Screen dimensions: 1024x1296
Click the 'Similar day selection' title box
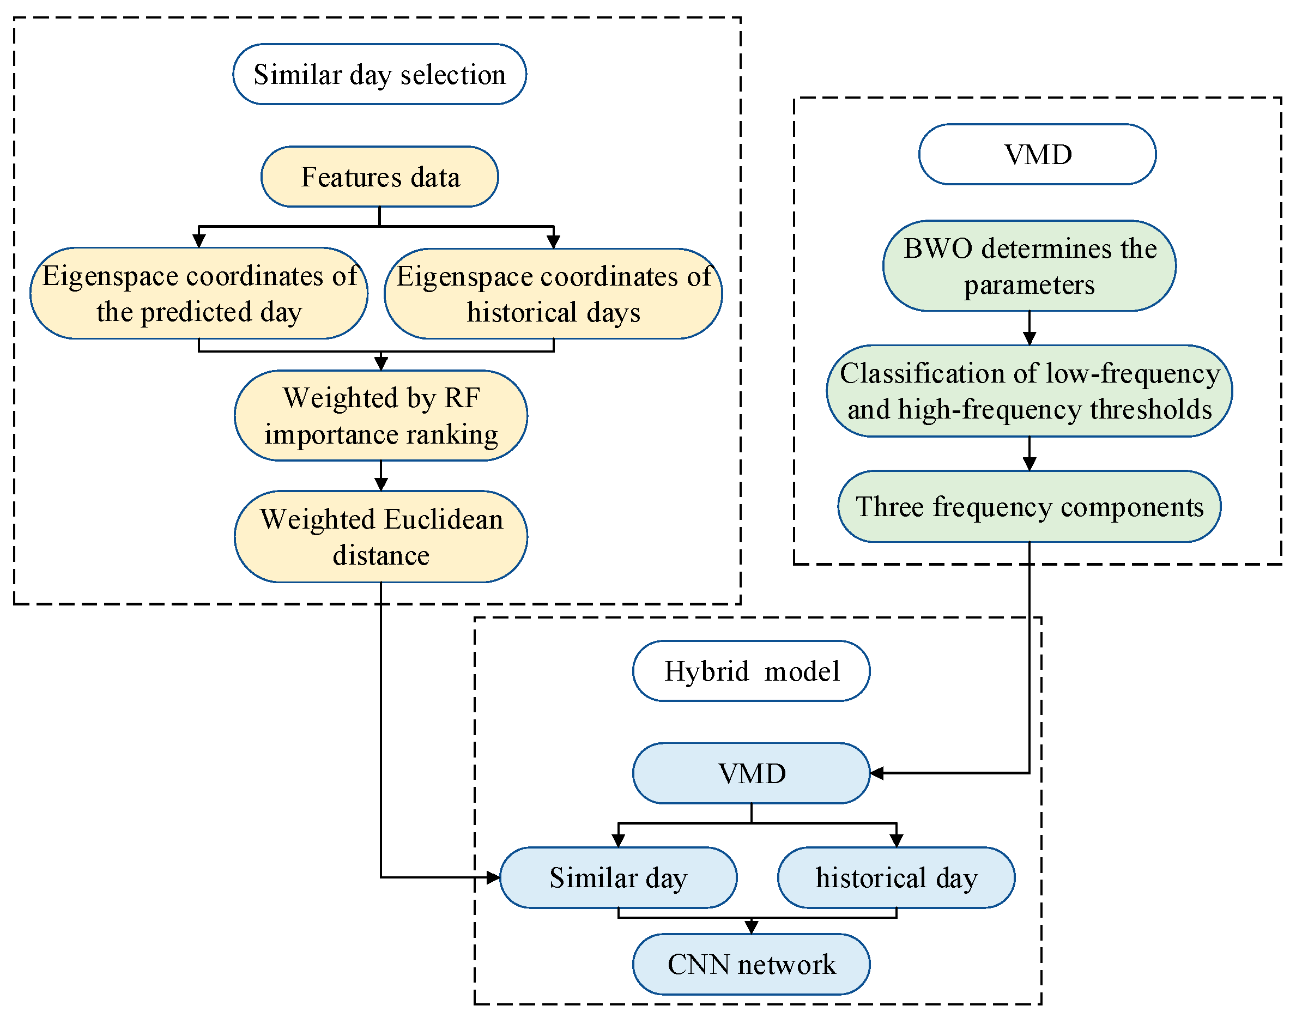(379, 74)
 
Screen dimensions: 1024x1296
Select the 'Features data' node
(379, 177)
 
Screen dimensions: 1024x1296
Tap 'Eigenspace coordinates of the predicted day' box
(199, 293)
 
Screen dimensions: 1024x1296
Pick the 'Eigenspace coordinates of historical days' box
(553, 294)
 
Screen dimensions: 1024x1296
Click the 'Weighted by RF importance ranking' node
(380, 415)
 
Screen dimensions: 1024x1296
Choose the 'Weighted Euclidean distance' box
(380, 537)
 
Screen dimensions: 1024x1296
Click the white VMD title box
(1037, 154)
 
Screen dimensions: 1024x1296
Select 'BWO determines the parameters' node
(1029, 265)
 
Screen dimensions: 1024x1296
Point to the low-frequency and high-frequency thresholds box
(1029, 391)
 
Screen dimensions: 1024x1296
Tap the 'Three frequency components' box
(1029, 507)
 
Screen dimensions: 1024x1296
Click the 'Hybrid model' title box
(751, 671)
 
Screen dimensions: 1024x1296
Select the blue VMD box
(751, 773)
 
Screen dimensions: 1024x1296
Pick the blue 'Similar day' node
(618, 878)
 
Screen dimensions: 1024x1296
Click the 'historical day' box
(896, 878)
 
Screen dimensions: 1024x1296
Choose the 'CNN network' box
(751, 964)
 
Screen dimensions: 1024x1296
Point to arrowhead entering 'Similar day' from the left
(493, 878)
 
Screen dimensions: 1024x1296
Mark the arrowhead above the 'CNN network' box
(751, 928)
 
